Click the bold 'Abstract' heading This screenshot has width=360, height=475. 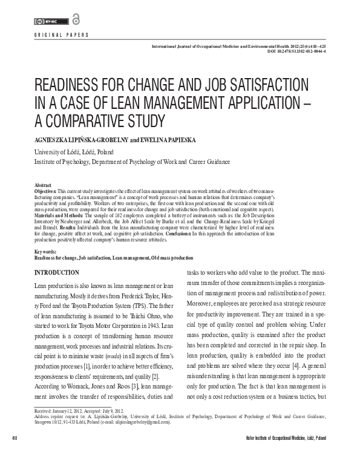(43, 185)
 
